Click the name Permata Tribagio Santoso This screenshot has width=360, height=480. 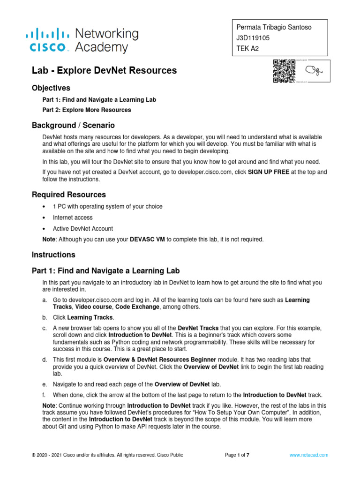(274, 28)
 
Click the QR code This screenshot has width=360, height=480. (284, 71)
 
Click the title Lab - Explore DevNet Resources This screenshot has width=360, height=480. (104, 71)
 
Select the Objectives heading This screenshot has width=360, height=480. (51, 88)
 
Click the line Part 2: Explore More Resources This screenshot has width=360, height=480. (87, 110)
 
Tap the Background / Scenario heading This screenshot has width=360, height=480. (73, 126)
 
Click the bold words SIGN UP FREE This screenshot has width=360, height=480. (268, 172)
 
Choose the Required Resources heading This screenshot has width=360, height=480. (68, 195)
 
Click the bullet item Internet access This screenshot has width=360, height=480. (73, 217)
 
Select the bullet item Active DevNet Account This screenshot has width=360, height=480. (82, 229)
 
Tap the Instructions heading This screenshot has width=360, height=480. (53, 255)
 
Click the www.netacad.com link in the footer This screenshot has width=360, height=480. (308, 455)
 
